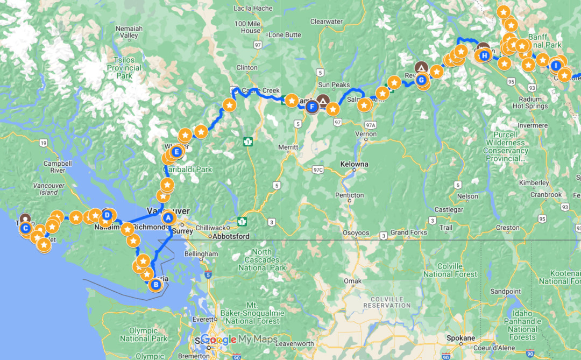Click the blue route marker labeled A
(167, 218)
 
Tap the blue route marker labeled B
(156, 285)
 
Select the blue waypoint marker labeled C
(25, 228)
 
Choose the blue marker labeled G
(422, 80)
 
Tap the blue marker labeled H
(484, 55)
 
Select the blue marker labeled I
(556, 66)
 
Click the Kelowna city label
(354, 164)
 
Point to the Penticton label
(349, 195)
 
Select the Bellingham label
(200, 253)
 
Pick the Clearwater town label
(326, 22)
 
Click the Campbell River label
(58, 166)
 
